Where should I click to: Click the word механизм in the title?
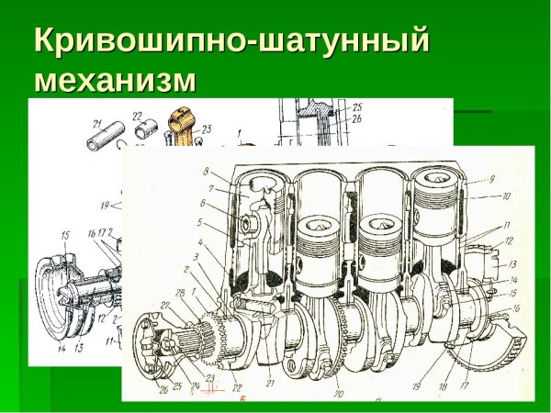(x=115, y=81)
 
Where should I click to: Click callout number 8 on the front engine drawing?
(x=208, y=172)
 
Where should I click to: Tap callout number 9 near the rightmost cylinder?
(x=491, y=179)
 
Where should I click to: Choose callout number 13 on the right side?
(x=512, y=263)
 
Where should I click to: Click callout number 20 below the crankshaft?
(x=339, y=393)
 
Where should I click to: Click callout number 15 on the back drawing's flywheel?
(x=65, y=236)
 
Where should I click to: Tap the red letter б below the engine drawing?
(x=242, y=399)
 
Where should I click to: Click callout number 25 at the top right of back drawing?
(x=357, y=106)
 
